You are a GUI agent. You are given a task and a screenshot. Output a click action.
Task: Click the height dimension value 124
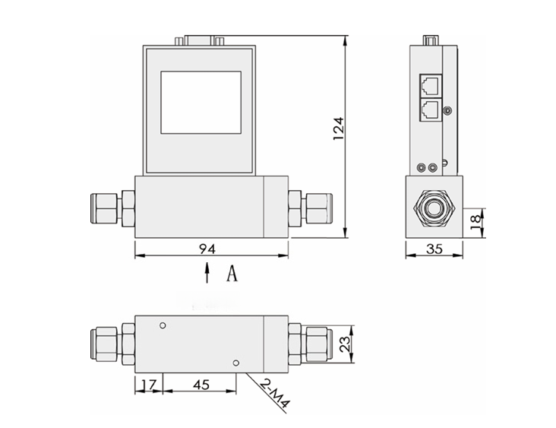coord(339,128)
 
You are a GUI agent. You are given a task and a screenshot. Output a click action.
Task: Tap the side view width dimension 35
coord(434,248)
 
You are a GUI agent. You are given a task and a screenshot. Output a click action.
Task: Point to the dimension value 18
coord(475,221)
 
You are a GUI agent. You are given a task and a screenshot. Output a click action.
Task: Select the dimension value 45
coord(201,385)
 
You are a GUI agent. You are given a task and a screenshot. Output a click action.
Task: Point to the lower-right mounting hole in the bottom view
coord(237,363)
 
